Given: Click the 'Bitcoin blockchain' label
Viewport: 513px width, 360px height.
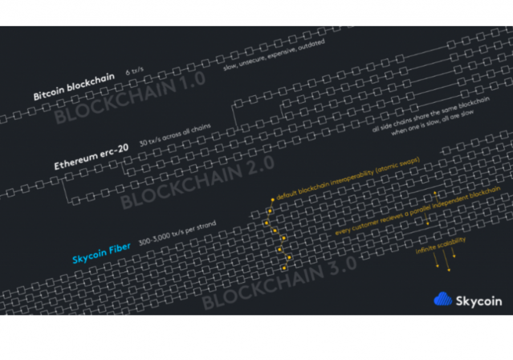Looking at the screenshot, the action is pyautogui.click(x=74, y=87).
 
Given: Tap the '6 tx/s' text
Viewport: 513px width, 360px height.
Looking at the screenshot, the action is pyautogui.click(x=135, y=70).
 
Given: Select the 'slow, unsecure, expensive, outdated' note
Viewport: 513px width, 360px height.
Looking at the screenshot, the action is pyautogui.click(x=274, y=55).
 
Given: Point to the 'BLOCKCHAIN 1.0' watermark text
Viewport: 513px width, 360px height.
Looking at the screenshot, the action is pyautogui.click(x=130, y=98).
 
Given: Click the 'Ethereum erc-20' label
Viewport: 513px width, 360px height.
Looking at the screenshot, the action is pyautogui.click(x=91, y=157).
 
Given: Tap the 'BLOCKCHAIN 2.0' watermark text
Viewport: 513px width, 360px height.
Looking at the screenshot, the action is pyautogui.click(x=197, y=182).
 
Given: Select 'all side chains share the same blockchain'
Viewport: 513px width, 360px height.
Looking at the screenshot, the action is pyautogui.click(x=430, y=114).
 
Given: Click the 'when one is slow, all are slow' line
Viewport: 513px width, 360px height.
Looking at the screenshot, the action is pyautogui.click(x=432, y=123).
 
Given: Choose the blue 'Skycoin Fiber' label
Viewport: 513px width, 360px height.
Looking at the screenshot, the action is pyautogui.click(x=101, y=253).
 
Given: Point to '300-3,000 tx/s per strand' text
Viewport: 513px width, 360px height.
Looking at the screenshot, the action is pyautogui.click(x=177, y=233).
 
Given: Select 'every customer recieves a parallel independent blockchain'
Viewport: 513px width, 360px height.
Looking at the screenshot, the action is pyautogui.click(x=417, y=211).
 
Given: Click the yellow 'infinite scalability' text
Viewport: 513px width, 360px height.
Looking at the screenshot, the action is pyautogui.click(x=441, y=245).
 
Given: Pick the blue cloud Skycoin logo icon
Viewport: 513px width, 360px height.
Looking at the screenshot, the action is pyautogui.click(x=443, y=299).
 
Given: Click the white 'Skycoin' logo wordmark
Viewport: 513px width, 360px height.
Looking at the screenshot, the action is pyautogui.click(x=479, y=301).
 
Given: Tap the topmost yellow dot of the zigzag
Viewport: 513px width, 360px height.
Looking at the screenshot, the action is pyautogui.click(x=272, y=200).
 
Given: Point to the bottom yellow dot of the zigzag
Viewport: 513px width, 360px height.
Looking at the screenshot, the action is pyautogui.click(x=284, y=268).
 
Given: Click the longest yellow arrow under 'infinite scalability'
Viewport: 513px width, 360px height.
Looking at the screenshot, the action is pyautogui.click(x=446, y=261).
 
